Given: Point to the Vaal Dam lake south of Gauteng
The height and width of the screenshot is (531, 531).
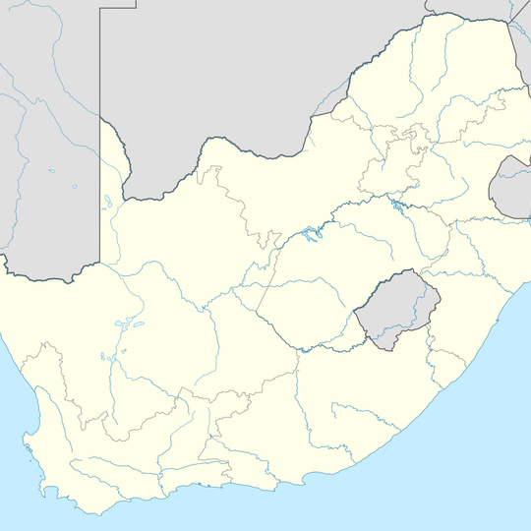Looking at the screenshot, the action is coord(395,207).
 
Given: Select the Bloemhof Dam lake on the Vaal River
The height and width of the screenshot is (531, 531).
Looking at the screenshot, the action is coord(312,236).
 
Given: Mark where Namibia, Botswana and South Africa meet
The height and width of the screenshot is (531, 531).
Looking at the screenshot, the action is coord(100,120).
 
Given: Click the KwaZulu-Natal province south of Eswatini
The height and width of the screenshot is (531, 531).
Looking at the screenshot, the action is coord(462,285).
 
